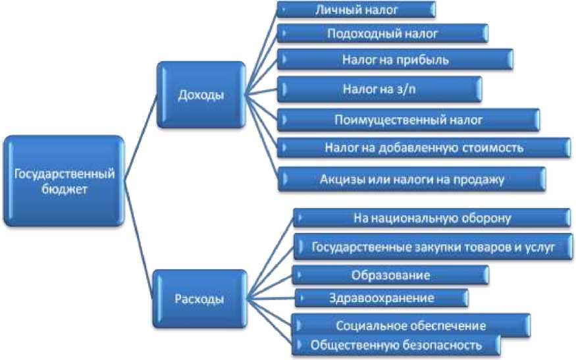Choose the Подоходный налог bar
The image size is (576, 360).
click(x=382, y=34)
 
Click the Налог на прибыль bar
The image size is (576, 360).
click(x=395, y=60)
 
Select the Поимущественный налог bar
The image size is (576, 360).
click(x=409, y=120)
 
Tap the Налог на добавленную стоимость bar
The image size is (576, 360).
click(x=424, y=147)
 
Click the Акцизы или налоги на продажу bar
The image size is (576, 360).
click(x=411, y=178)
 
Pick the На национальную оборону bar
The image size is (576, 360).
click(x=432, y=217)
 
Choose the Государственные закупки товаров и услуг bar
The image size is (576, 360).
click(x=432, y=247)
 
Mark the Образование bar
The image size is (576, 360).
click(x=391, y=274)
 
